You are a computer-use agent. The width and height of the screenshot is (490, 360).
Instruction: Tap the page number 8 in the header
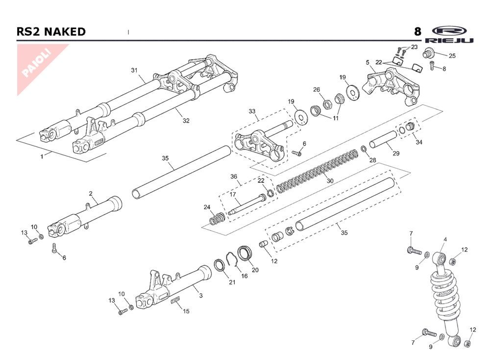[417, 32]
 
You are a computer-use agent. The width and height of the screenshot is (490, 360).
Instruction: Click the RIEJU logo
[449, 34]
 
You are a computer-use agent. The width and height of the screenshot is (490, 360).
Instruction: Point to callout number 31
[134, 70]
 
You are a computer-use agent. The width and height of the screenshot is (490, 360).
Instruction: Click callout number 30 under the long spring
[330, 181]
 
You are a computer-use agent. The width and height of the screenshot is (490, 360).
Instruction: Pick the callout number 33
[252, 111]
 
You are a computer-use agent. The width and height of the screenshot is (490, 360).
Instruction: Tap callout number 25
[452, 56]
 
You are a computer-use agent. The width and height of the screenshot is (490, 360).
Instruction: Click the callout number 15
[186, 311]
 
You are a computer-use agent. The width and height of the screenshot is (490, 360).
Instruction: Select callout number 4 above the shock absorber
[445, 239]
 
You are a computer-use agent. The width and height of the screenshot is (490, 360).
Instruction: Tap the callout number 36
[234, 177]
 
